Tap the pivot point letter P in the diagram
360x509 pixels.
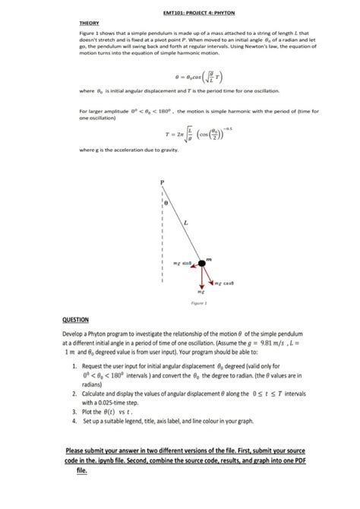pyautogui.click(x=161, y=182)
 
